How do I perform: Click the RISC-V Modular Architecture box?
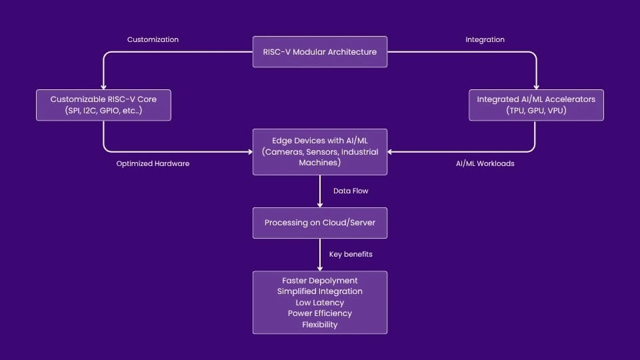320,52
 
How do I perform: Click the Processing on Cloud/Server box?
320,223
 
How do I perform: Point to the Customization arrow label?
153,39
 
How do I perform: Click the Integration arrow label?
485,39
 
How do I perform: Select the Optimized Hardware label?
153,163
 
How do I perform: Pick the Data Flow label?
351,191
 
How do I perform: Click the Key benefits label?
351,254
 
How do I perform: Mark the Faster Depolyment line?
320,280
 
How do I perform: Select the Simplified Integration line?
320,291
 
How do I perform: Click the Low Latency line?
320,302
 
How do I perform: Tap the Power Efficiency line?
320,313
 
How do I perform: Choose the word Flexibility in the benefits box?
320,325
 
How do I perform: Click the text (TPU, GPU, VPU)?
536,111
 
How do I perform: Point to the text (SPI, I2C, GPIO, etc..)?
103,111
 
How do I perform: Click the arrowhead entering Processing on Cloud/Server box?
320,204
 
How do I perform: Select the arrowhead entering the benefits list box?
320,267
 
